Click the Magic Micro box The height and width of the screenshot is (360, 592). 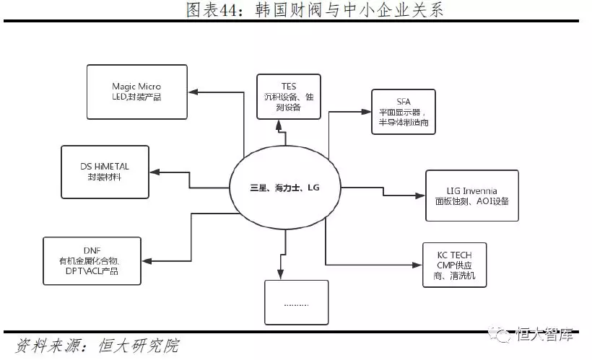[x=136, y=92]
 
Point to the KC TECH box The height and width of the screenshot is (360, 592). [x=453, y=266]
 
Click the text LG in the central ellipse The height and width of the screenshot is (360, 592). [x=313, y=188]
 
